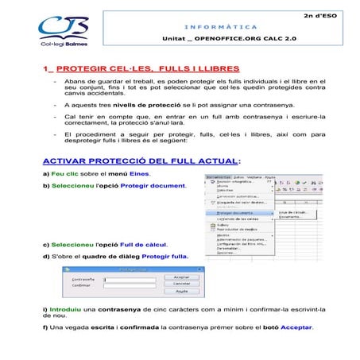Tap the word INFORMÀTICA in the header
click(x=188, y=27)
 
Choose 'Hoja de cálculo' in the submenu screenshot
click(x=295, y=212)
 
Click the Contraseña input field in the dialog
click(x=127, y=279)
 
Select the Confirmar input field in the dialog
click(x=127, y=286)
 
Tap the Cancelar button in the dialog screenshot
click(x=182, y=284)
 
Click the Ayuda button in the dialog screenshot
click(x=182, y=291)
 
